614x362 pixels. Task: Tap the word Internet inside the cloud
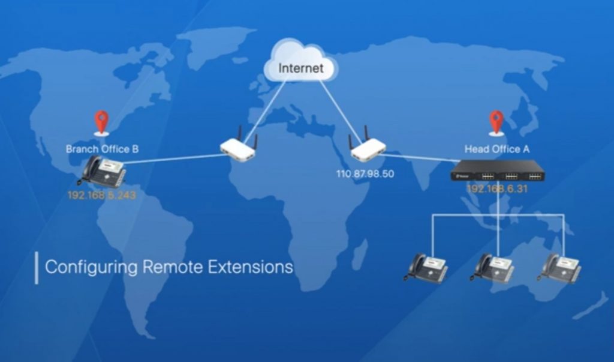click(300, 68)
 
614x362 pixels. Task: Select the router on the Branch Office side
click(238, 148)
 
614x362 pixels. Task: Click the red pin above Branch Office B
click(102, 122)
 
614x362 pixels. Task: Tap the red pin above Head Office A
click(496, 122)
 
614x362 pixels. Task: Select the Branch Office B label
click(102, 148)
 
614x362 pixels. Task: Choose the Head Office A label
click(496, 148)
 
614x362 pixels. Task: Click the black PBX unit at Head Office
click(498, 172)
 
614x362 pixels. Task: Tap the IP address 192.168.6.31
click(496, 189)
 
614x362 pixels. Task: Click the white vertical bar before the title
click(37, 268)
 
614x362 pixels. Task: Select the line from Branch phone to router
click(174, 158)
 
